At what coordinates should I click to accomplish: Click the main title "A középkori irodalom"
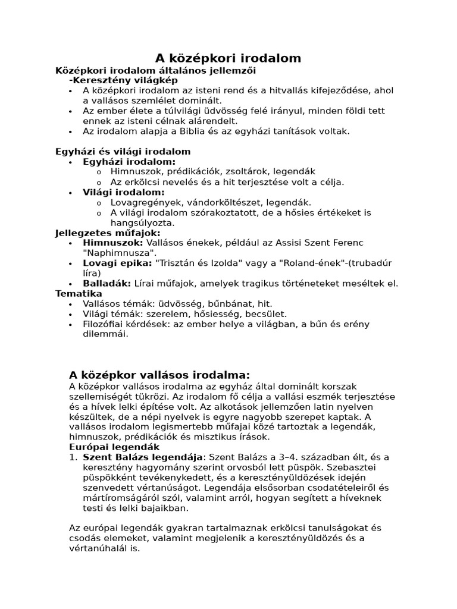tap(228, 58)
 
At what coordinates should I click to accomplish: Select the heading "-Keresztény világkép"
tap(124, 80)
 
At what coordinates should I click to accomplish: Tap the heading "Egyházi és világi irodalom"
tap(123, 152)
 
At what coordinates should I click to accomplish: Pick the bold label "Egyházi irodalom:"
tap(129, 162)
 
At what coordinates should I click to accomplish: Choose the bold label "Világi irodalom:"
tap(124, 192)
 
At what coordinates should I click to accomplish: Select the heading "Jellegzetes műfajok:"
tap(108, 233)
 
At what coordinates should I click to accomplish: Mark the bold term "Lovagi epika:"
tap(117, 263)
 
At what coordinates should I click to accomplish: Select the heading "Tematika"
tap(79, 294)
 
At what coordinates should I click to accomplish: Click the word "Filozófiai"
tap(105, 324)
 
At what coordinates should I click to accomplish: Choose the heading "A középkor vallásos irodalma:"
tap(159, 375)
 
